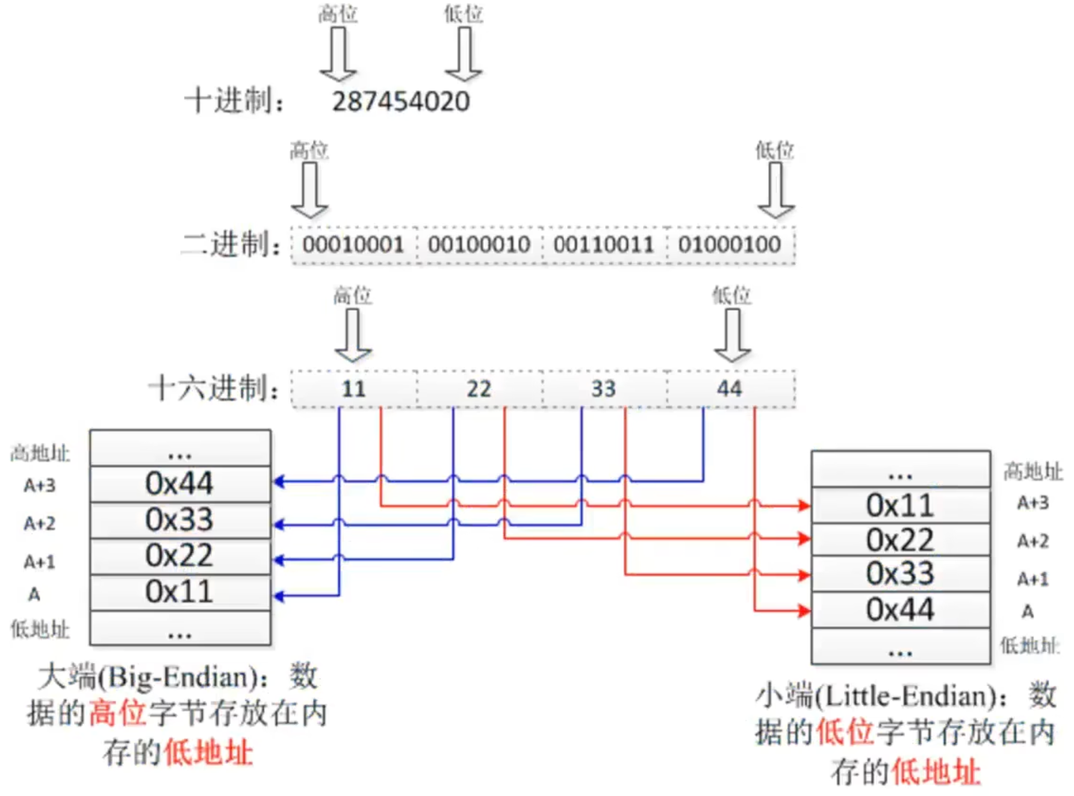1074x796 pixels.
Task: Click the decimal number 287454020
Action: (x=401, y=101)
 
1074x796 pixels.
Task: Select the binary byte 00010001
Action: (x=353, y=245)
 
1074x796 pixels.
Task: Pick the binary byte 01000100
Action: (x=730, y=245)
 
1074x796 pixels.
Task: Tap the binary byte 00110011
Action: (x=604, y=245)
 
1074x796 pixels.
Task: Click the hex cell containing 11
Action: (x=353, y=389)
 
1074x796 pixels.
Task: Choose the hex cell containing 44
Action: (x=730, y=389)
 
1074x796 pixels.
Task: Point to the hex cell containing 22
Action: (x=479, y=389)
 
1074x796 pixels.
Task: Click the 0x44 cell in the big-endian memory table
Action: (x=179, y=484)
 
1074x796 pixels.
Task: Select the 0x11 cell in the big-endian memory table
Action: (x=179, y=592)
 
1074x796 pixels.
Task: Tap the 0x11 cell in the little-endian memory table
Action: (x=900, y=506)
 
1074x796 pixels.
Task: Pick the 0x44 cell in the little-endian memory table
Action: (x=900, y=610)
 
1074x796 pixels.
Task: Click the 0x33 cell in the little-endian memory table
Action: (x=900, y=574)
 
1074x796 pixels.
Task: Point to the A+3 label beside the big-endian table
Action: (x=40, y=485)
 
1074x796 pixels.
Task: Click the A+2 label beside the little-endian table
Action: (x=1033, y=541)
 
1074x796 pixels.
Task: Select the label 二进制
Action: (x=232, y=245)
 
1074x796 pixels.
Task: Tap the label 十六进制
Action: (x=214, y=388)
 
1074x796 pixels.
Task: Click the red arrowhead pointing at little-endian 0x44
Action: (x=804, y=611)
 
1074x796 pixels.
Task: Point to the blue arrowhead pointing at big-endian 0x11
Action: (x=279, y=596)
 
